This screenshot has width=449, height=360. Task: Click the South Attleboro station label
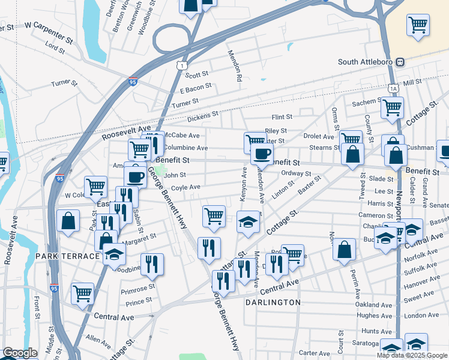[366, 62]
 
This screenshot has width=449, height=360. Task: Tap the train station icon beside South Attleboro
[400, 62]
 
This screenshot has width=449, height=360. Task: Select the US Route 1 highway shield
[182, 64]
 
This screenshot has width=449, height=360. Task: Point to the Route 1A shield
[393, 88]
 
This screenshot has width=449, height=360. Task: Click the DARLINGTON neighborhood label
[273, 302]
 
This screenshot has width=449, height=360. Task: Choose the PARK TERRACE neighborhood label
[67, 256]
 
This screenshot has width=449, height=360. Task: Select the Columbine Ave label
[186, 148]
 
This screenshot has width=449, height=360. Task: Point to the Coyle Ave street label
[185, 187]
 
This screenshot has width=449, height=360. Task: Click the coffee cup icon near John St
[136, 176]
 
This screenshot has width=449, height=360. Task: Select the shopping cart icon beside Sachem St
[392, 108]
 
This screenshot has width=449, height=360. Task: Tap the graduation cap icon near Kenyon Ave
[248, 221]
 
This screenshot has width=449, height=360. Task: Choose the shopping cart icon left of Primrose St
[82, 293]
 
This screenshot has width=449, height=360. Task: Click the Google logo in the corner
[20, 353]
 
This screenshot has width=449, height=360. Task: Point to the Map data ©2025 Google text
[412, 355]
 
